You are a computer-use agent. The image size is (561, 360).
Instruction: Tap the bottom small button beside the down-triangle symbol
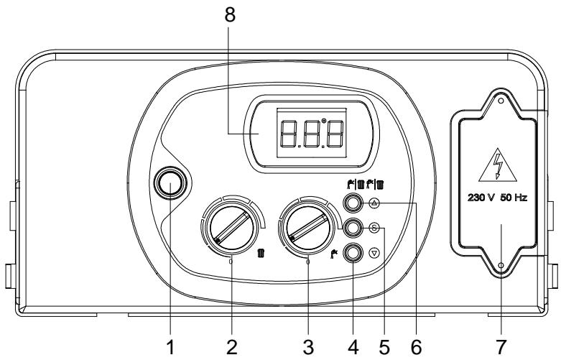[352, 253]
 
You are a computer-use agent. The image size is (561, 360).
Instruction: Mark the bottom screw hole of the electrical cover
[499, 266]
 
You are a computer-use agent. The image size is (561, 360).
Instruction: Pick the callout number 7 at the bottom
[499, 347]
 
